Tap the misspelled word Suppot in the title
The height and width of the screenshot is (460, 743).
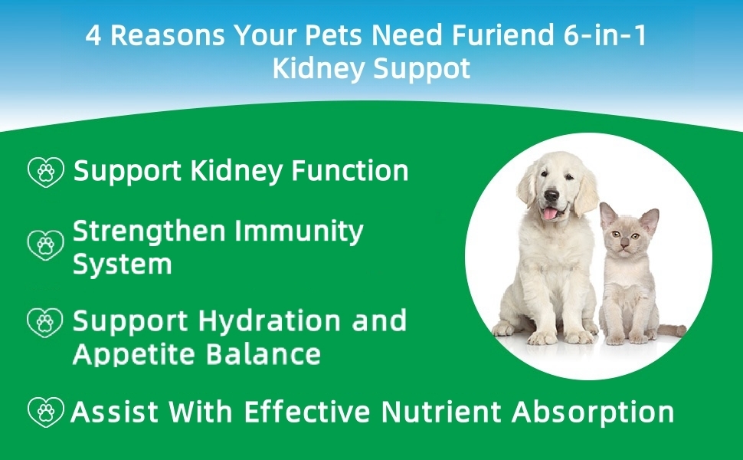422,69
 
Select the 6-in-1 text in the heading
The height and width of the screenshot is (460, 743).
604,34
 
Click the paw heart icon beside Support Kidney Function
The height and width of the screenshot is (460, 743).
45,172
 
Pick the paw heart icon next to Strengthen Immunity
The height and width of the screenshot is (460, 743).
45,245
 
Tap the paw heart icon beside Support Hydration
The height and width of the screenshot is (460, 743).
45,323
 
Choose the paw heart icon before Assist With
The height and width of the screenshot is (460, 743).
45,412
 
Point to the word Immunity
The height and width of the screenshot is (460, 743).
299,232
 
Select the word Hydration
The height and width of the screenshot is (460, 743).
269,320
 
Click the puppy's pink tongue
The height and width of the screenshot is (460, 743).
550,214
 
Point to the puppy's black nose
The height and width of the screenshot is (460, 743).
551,195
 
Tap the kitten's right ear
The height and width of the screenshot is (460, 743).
650,220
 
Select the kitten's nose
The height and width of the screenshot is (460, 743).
624,245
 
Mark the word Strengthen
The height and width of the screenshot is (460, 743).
149,232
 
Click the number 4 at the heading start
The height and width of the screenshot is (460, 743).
93,35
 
